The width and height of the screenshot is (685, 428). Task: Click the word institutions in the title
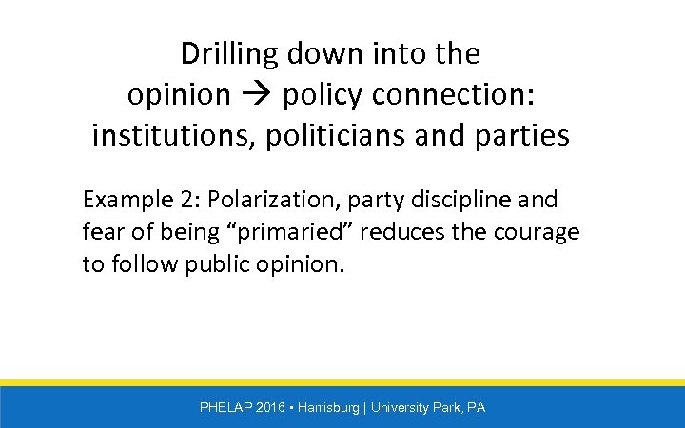point(163,136)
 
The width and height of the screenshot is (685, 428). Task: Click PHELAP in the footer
point(225,407)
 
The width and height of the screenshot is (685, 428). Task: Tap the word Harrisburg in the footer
point(329,407)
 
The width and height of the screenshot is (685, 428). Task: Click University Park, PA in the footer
point(428,407)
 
